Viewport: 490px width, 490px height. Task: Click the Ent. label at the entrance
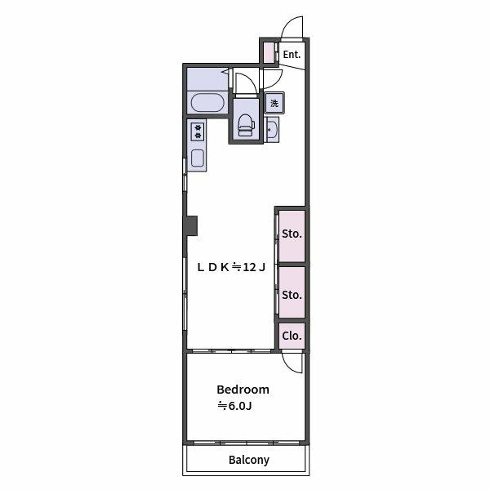point(292,55)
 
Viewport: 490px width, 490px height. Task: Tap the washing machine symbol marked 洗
point(274,103)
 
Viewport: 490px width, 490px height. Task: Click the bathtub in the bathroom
point(207,104)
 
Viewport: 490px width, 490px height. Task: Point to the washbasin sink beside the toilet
point(273,129)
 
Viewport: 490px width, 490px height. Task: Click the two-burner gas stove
point(198,131)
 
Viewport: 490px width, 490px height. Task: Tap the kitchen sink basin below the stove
point(198,157)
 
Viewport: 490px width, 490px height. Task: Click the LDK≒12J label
point(231,266)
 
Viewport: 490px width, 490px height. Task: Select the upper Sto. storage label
point(292,234)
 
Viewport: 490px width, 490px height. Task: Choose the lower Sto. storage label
point(292,294)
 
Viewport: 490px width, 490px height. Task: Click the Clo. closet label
point(292,336)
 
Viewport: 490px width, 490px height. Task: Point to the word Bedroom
point(243,390)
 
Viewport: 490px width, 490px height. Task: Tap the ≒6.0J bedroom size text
point(234,406)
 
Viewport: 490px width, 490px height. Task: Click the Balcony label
point(248,460)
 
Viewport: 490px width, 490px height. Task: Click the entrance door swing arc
point(292,29)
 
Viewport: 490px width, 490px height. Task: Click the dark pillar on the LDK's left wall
point(191,225)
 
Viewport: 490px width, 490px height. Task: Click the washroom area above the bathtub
point(206,79)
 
